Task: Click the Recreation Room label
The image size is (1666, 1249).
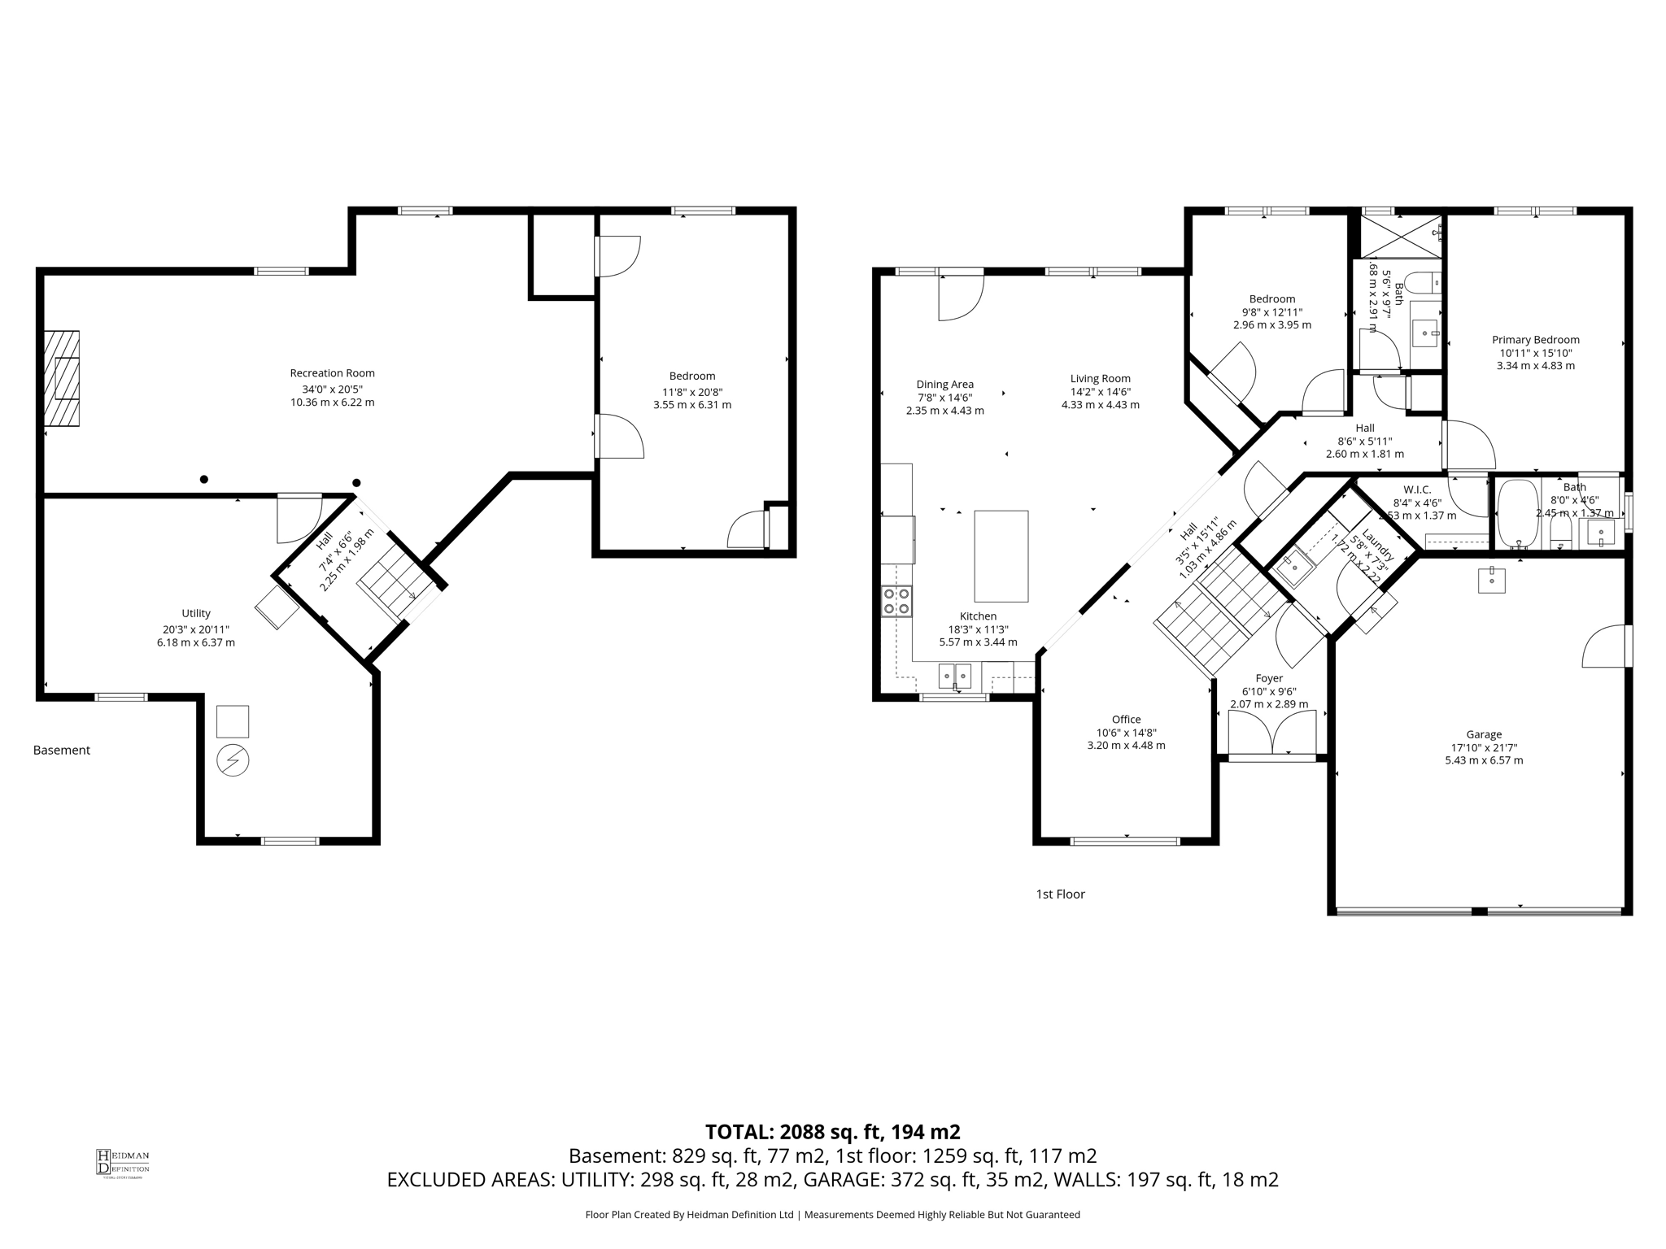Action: [x=332, y=373]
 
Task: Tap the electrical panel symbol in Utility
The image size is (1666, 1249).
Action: [x=233, y=760]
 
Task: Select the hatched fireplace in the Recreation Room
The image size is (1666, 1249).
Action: [x=62, y=378]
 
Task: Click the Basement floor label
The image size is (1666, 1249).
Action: [x=62, y=750]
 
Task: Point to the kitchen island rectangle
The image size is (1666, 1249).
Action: [x=1001, y=555]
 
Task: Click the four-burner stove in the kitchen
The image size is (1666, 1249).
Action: [x=896, y=601]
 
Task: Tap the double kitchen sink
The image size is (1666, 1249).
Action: [x=955, y=675]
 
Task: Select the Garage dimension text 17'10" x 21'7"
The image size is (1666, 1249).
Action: [x=1484, y=747]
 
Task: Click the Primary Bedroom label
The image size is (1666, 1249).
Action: [x=1535, y=340]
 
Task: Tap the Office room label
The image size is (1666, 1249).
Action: [x=1126, y=719]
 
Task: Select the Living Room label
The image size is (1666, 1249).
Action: [x=1100, y=378]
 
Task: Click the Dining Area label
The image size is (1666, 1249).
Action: [x=944, y=385]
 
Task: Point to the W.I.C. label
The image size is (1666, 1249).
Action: [x=1416, y=490]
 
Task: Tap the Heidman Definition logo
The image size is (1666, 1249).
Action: [x=123, y=1162]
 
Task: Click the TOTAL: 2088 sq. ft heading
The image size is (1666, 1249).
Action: [x=832, y=1131]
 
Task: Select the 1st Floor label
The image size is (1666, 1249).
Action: [x=1060, y=894]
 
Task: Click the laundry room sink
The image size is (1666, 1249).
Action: [x=1295, y=568]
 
